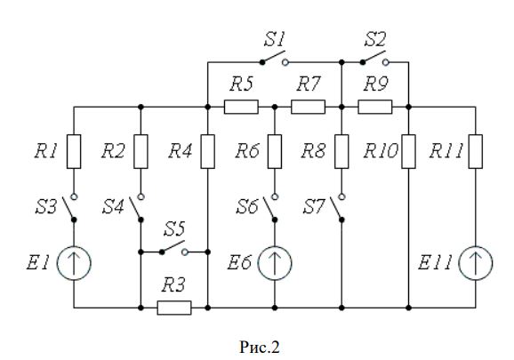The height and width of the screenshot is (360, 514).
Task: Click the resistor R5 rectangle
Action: (x=241, y=107)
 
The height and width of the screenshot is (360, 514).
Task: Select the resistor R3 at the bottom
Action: (x=174, y=308)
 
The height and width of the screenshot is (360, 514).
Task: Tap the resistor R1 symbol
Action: (x=74, y=151)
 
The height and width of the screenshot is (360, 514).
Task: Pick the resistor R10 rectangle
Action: (x=408, y=151)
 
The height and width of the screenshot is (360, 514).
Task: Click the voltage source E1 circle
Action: (x=74, y=263)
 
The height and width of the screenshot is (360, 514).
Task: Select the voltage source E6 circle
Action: (x=275, y=263)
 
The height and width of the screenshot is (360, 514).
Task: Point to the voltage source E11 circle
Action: (x=476, y=263)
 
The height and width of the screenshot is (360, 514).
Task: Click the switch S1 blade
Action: (x=273, y=56)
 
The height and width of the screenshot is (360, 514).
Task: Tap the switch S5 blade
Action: (x=173, y=246)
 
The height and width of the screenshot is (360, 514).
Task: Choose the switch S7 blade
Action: (x=336, y=208)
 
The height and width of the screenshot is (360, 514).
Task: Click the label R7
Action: (x=308, y=84)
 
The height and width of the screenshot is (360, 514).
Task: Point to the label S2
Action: (x=375, y=39)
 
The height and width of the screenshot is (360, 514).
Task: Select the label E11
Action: (x=435, y=262)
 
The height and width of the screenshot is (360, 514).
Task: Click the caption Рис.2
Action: (x=260, y=347)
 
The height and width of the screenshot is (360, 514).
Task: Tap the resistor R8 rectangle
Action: (x=341, y=151)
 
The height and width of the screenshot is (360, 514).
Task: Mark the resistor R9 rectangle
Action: (x=375, y=107)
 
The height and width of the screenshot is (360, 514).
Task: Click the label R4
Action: (x=180, y=151)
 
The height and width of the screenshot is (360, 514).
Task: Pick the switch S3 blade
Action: (x=68, y=208)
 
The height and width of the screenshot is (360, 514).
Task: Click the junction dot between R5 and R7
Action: (x=275, y=107)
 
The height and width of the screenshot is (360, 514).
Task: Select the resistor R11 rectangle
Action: (x=476, y=151)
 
